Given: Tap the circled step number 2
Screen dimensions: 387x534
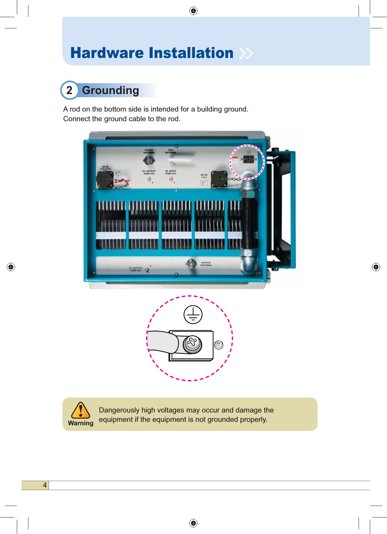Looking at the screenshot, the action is pyautogui.click(x=69, y=90).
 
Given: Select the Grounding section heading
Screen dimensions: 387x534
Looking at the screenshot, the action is pyautogui.click(x=110, y=90).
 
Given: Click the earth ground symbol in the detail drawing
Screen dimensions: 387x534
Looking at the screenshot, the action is pyautogui.click(x=193, y=314).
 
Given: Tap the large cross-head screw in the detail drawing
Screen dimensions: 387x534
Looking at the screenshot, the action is pyautogui.click(x=192, y=344).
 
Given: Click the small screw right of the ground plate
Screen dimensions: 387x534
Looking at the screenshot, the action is pyautogui.click(x=219, y=345).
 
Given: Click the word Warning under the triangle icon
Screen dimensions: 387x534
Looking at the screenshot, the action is pyautogui.click(x=81, y=423).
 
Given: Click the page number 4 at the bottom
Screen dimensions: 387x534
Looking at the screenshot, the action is pyautogui.click(x=45, y=485).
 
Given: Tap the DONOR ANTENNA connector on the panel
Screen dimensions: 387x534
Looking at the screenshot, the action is pyautogui.click(x=149, y=160).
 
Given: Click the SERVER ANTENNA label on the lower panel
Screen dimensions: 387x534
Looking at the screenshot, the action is pyautogui.click(x=206, y=264).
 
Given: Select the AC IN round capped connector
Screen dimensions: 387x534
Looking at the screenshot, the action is pyautogui.click(x=105, y=180).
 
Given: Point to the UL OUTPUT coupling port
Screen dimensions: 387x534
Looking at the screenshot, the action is pyautogui.click(x=149, y=179).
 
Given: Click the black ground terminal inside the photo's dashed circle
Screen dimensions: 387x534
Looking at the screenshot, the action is pyautogui.click(x=248, y=160).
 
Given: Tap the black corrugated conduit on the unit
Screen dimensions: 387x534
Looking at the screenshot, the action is pyautogui.click(x=249, y=223).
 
